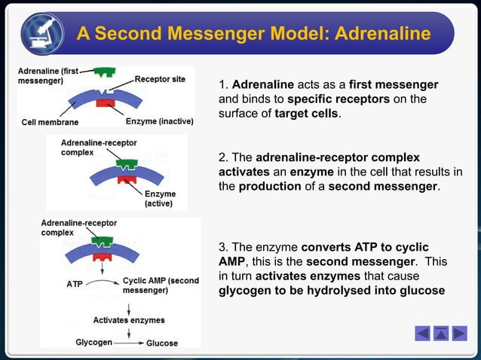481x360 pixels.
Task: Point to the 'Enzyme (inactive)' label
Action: [159, 121]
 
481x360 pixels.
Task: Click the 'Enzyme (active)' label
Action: [160, 198]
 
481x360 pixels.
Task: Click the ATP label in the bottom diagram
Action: [75, 285]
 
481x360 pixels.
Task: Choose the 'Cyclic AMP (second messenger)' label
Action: [160, 285]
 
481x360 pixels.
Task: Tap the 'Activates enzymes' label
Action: [129, 320]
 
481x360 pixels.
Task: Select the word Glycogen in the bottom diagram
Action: [93, 343]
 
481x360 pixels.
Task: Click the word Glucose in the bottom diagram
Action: [162, 343]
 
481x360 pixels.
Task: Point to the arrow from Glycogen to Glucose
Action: [128, 343]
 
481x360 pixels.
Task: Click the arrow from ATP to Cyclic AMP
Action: [102, 285]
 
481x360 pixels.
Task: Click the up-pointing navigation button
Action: [440, 333]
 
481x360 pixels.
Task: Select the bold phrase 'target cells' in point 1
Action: [307, 114]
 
